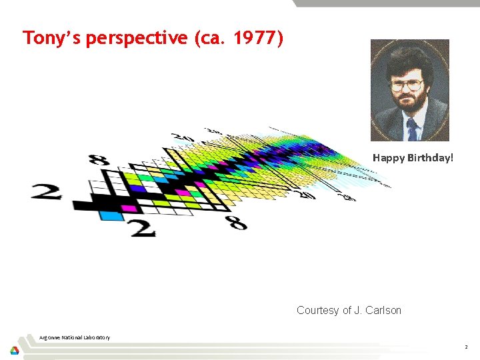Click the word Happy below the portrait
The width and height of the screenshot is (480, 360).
coord(388,158)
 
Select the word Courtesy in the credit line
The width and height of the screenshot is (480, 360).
coord(317,310)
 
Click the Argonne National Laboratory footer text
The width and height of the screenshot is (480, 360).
coord(75,337)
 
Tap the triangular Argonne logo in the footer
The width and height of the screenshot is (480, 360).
coord(15,350)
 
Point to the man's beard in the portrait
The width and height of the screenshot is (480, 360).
coord(410,104)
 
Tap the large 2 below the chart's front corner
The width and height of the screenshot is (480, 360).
coord(142,228)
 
